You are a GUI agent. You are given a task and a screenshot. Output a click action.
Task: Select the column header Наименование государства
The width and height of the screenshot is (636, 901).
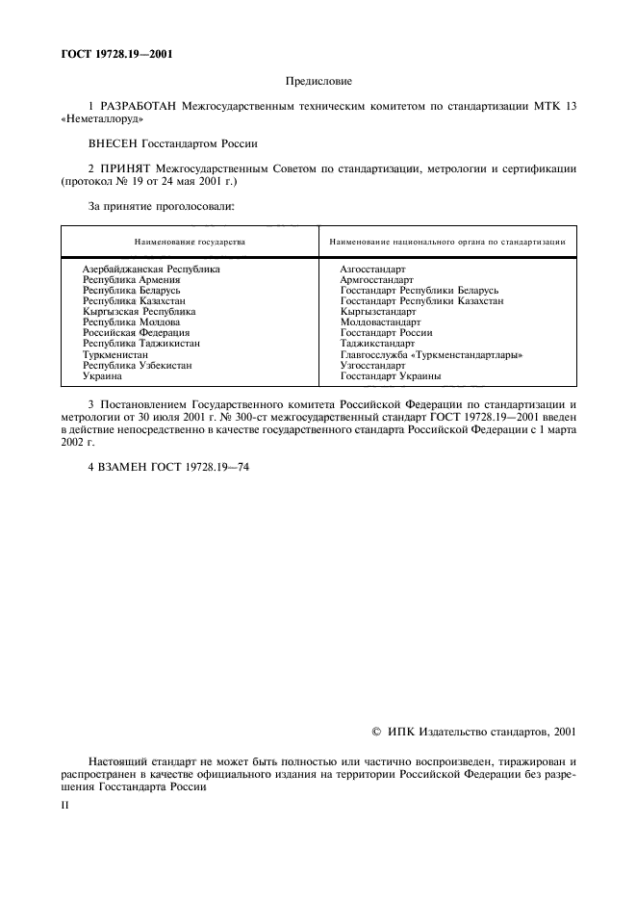click(190, 242)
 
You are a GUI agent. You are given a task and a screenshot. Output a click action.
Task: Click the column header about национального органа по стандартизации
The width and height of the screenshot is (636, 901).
click(446, 242)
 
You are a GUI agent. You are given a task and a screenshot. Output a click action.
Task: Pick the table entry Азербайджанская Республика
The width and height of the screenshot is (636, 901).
click(151, 269)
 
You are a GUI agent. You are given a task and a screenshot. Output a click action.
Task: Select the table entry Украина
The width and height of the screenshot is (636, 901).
click(102, 376)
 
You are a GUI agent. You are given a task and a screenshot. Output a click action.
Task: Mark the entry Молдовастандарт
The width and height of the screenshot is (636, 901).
click(380, 322)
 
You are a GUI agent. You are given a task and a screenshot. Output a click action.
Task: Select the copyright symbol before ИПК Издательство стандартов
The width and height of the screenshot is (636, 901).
click(376, 734)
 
